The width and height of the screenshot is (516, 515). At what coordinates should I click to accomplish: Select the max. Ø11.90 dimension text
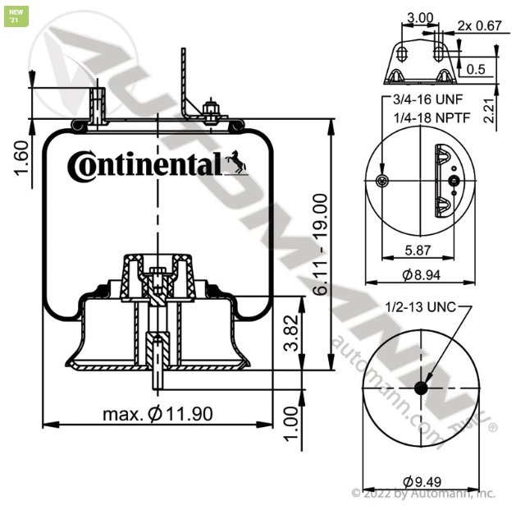tap(158, 413)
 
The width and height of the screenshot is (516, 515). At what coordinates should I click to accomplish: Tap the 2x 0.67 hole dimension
tap(479, 25)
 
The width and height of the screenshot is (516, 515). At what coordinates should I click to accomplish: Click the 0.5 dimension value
tap(476, 69)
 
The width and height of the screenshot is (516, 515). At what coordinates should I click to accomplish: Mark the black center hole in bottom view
tap(422, 389)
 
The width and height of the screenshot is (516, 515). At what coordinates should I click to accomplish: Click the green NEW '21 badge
tap(13, 16)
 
